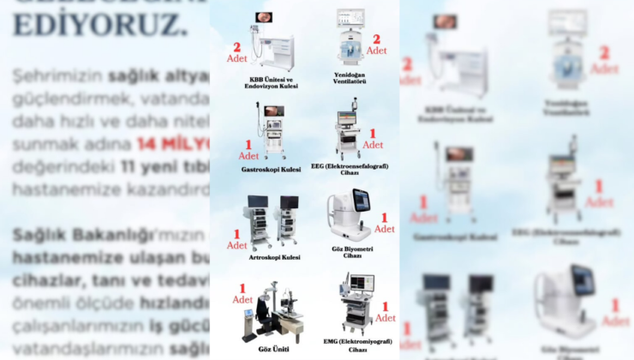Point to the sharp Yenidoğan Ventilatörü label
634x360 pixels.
(x=349, y=79)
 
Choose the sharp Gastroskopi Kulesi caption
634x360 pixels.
(x=271, y=170)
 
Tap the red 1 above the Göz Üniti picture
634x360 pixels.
(x=242, y=288)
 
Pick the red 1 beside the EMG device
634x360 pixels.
(x=385, y=306)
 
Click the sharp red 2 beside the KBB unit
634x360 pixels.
(x=236, y=46)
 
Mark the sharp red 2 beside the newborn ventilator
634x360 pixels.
(x=375, y=39)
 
